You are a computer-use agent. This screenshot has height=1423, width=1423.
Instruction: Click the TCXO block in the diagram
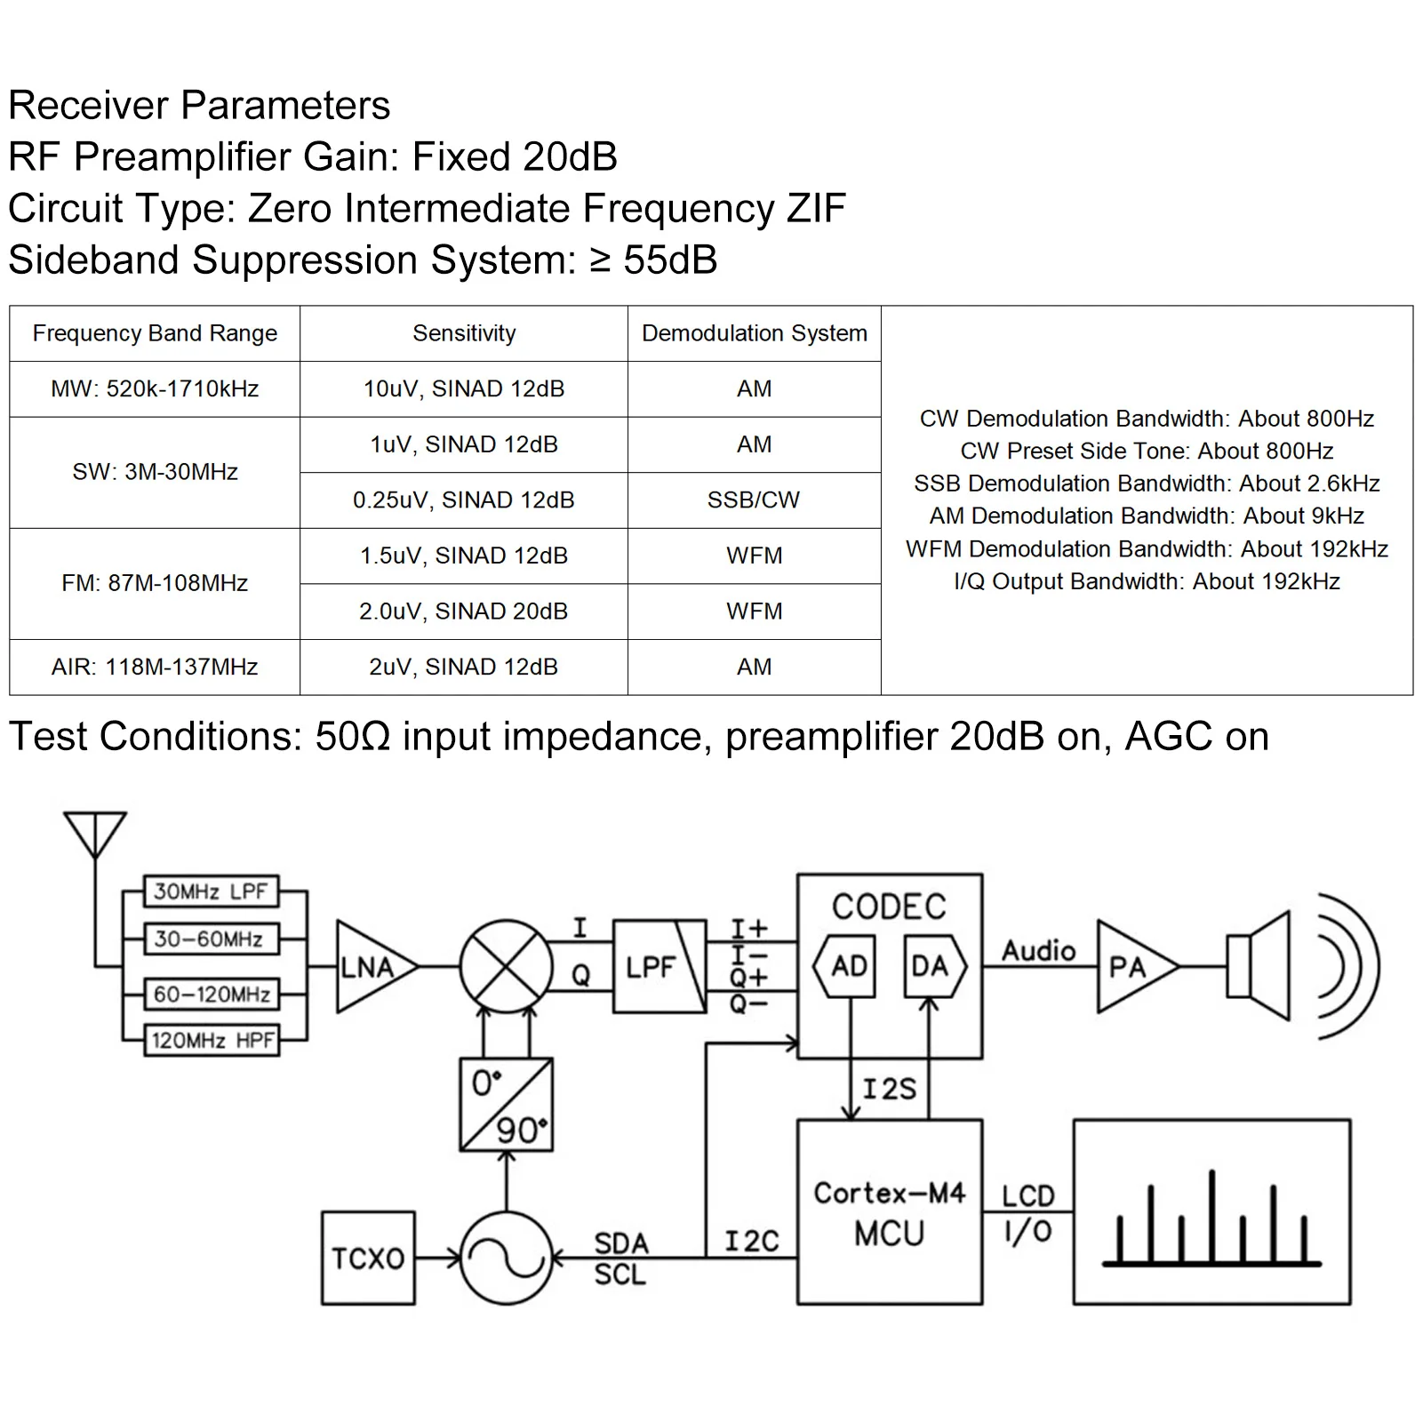pos(368,1258)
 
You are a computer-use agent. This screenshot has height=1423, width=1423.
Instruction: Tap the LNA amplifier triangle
pos(371,966)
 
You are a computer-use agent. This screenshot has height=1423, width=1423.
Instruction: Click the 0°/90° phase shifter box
pos(506,1105)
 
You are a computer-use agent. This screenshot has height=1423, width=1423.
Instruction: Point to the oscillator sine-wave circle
pos(506,1258)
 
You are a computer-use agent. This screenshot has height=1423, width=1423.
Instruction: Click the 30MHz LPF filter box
pos(211,891)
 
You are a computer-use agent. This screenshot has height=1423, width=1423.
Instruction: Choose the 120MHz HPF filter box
pos(212,1040)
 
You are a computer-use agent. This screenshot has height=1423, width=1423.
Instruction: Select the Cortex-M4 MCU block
pos(889,1212)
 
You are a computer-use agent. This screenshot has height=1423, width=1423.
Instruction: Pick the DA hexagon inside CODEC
pos(931,966)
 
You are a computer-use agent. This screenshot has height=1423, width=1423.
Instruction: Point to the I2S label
pos(889,1089)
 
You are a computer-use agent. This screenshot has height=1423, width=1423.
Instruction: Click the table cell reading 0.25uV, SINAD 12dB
pos(463,500)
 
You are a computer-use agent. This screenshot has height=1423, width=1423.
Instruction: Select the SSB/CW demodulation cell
pos(754,500)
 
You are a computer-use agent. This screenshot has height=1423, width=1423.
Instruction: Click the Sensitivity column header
pos(463,333)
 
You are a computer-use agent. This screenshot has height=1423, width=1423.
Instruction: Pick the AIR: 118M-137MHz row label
pos(155,667)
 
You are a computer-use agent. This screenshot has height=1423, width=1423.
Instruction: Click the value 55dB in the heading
pos(670,260)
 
